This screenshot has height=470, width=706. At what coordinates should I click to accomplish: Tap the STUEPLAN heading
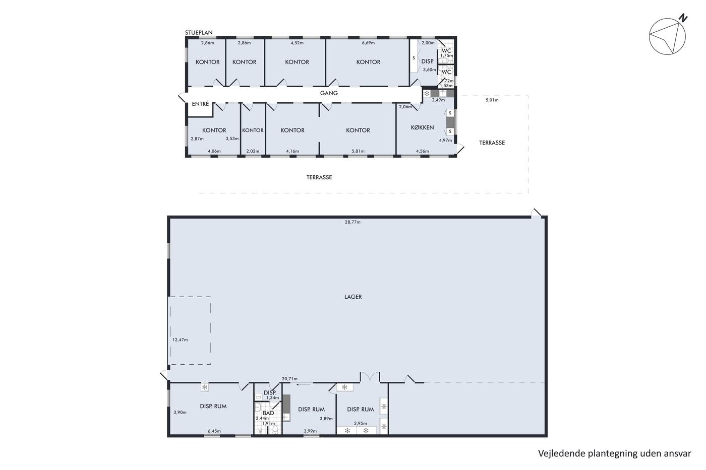(x=199, y=32)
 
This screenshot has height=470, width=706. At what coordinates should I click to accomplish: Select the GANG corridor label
(x=329, y=93)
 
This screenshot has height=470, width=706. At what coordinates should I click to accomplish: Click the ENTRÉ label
(x=201, y=104)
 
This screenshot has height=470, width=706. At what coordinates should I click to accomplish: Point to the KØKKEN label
(x=423, y=127)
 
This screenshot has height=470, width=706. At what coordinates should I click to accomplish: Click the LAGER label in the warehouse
(x=353, y=297)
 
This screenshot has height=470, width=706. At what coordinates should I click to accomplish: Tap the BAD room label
(x=268, y=413)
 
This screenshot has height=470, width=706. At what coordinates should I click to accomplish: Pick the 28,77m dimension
(x=352, y=222)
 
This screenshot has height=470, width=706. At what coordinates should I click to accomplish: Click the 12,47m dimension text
(x=180, y=340)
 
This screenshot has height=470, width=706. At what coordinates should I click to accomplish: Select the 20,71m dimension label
(x=289, y=379)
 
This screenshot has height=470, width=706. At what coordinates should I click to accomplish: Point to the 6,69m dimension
(x=368, y=43)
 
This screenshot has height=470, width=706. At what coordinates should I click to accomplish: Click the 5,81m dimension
(x=358, y=151)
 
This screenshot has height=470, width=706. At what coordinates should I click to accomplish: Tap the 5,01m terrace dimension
(x=492, y=100)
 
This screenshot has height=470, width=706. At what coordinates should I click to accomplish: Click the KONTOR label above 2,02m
(x=253, y=130)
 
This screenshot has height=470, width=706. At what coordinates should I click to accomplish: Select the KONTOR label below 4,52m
(x=297, y=62)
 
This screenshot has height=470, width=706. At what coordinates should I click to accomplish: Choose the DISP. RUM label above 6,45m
(x=213, y=406)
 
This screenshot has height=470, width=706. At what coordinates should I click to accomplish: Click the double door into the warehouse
(x=370, y=377)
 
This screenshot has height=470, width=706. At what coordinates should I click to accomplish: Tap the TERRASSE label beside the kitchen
(x=492, y=143)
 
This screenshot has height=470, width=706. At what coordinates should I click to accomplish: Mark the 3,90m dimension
(x=180, y=413)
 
